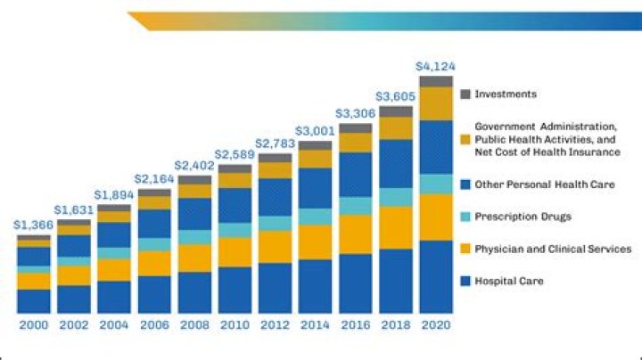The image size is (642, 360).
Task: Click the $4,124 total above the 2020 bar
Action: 435,67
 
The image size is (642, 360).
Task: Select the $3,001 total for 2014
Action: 315,132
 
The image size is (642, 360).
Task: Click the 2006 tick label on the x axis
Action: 154,325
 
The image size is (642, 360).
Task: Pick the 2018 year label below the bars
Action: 395,325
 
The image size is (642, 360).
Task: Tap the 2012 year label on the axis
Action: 275,325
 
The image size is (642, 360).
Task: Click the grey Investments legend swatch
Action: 465,93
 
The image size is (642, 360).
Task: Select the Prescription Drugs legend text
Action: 522,217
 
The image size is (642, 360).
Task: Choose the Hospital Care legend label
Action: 509,281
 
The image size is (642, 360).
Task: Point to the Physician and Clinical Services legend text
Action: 553,249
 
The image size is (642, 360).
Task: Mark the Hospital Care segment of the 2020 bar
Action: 435,276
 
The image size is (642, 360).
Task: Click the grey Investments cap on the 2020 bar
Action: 435,81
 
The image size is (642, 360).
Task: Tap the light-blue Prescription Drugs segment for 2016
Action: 355,206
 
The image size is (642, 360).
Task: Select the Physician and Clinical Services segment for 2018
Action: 395,227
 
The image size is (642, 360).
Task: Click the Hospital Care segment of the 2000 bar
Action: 34,300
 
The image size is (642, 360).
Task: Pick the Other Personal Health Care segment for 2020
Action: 435,147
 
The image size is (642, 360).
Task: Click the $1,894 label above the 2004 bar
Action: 114,196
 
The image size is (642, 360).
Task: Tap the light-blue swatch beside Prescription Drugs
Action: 465,217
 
